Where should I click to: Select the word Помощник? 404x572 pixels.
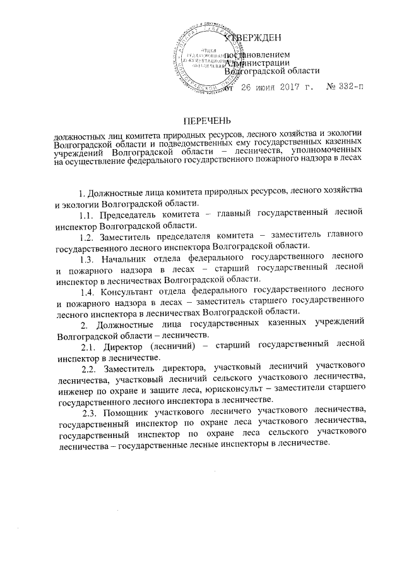pos(126,411)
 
